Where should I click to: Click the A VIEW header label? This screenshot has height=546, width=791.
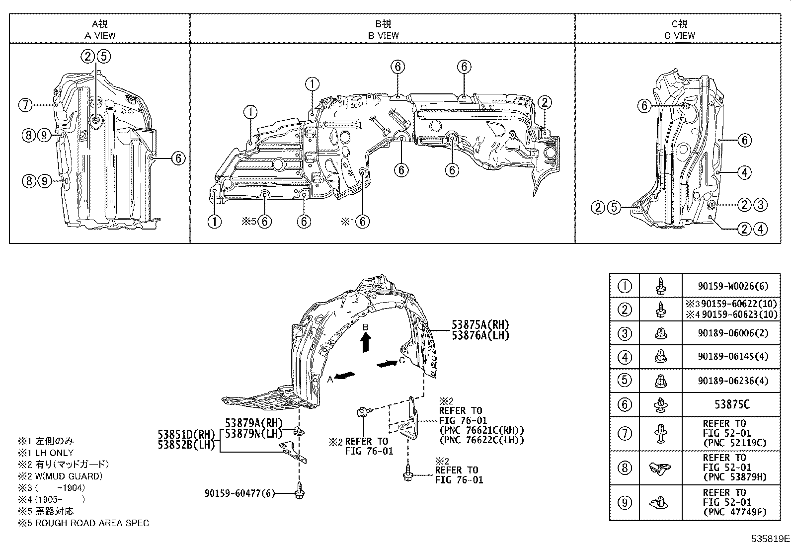click(x=100, y=35)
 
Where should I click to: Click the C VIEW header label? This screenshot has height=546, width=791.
click(x=679, y=35)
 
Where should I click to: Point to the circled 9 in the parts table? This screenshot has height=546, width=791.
click(x=625, y=503)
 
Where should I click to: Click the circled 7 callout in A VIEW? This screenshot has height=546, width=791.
click(x=26, y=105)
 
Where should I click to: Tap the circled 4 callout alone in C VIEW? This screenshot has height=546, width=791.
click(x=744, y=172)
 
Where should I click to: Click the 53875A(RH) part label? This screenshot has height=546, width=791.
click(x=480, y=325)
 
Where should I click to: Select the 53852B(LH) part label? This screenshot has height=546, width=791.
click(x=186, y=445)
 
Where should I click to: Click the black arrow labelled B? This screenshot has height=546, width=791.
click(x=366, y=342)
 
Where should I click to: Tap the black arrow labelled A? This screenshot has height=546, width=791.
click(x=345, y=376)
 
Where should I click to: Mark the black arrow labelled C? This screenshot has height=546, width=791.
click(x=387, y=364)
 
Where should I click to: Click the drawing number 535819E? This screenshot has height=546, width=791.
click(x=770, y=539)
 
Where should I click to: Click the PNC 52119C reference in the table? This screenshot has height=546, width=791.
click(x=734, y=443)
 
